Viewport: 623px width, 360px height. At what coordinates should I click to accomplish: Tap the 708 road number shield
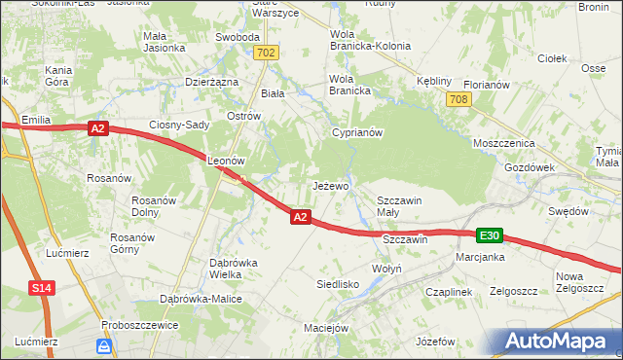[460, 99]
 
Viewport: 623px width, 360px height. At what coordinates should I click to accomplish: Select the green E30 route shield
[490, 235]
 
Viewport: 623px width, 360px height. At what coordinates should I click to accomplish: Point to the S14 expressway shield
[40, 288]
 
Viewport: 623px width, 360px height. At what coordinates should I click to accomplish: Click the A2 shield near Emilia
[96, 127]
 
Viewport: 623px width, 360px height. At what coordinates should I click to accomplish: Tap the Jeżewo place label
[330, 185]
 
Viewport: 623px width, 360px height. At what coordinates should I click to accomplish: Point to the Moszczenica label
[504, 142]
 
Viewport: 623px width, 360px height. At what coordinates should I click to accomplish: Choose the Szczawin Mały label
[399, 206]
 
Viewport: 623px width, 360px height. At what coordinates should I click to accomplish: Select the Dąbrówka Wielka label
[233, 269]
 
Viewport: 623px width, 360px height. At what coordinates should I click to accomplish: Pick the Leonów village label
[224, 160]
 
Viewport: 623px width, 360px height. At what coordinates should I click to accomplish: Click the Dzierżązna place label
[211, 83]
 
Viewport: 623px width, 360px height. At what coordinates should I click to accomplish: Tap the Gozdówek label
[530, 167]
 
